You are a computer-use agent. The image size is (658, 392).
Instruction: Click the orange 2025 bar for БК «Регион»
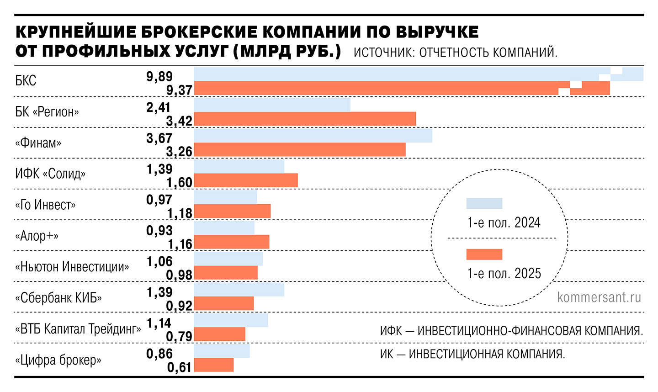305,119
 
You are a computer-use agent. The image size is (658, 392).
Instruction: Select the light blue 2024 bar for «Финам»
313,136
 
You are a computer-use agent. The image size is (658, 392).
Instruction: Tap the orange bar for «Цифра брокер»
214,365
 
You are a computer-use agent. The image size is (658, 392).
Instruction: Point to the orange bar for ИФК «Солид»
246,180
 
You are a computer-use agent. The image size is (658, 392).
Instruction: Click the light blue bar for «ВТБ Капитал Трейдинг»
231,320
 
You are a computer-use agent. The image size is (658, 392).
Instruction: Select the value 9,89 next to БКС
159,76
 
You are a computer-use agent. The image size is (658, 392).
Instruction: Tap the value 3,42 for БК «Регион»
179,121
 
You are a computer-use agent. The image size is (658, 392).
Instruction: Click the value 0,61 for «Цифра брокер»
179,366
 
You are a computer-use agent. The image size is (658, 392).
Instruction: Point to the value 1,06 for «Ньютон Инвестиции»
159,261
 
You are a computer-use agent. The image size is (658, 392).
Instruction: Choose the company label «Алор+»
37,236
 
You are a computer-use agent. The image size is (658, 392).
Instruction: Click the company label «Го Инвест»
45,205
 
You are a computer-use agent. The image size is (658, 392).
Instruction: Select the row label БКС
26,81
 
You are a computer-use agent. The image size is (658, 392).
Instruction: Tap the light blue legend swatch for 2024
484,203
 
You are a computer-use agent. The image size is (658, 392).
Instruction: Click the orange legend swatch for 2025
484,254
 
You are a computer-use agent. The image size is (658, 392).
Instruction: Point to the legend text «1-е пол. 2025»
504,273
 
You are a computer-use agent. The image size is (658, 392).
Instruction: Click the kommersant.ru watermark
599,297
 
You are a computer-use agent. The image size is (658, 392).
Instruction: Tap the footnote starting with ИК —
472,354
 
